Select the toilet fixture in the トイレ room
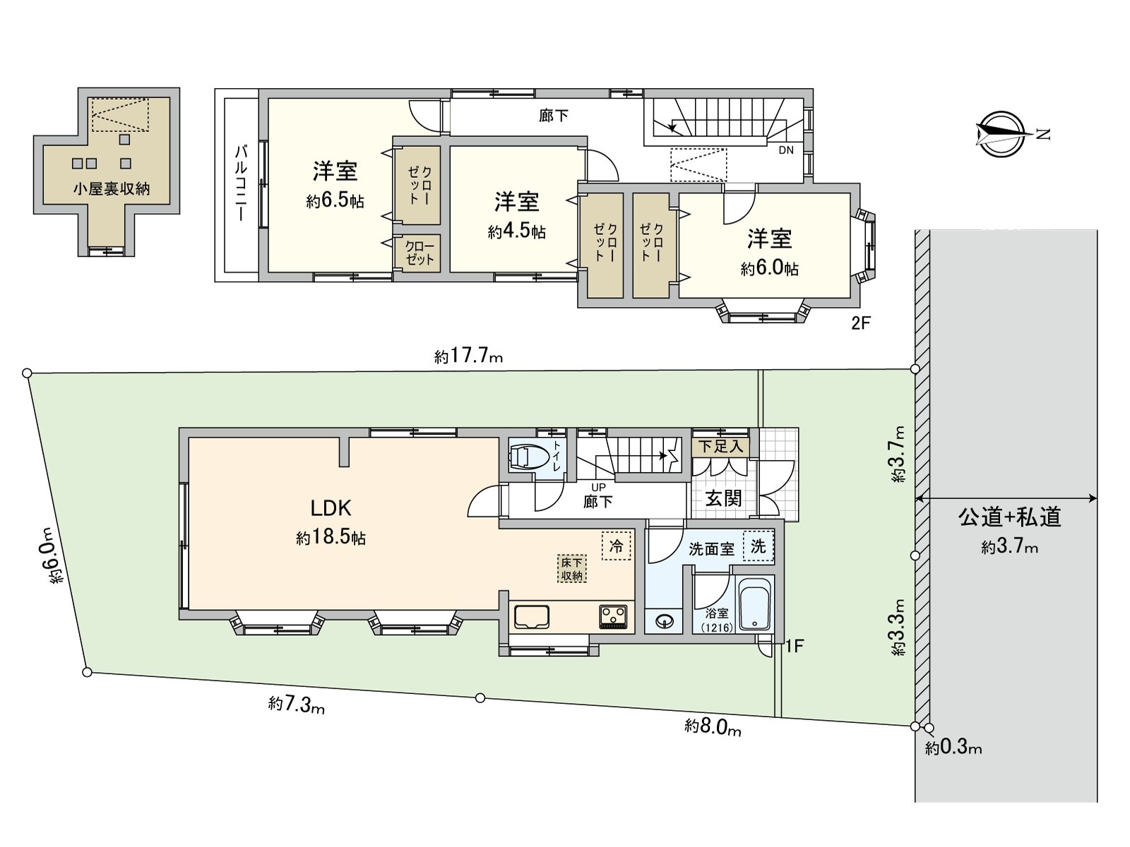529,457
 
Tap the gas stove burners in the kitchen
612,617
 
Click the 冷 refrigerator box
616,546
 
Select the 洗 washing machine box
758,546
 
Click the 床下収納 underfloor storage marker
572,569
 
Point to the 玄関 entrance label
723,498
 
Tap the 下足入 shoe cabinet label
720,447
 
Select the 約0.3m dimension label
953,748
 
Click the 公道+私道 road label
1009,517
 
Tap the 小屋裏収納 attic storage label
111,189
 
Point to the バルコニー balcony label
241,183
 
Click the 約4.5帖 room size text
516,232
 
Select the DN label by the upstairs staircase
786,150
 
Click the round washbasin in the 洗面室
664,621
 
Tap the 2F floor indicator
861,323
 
